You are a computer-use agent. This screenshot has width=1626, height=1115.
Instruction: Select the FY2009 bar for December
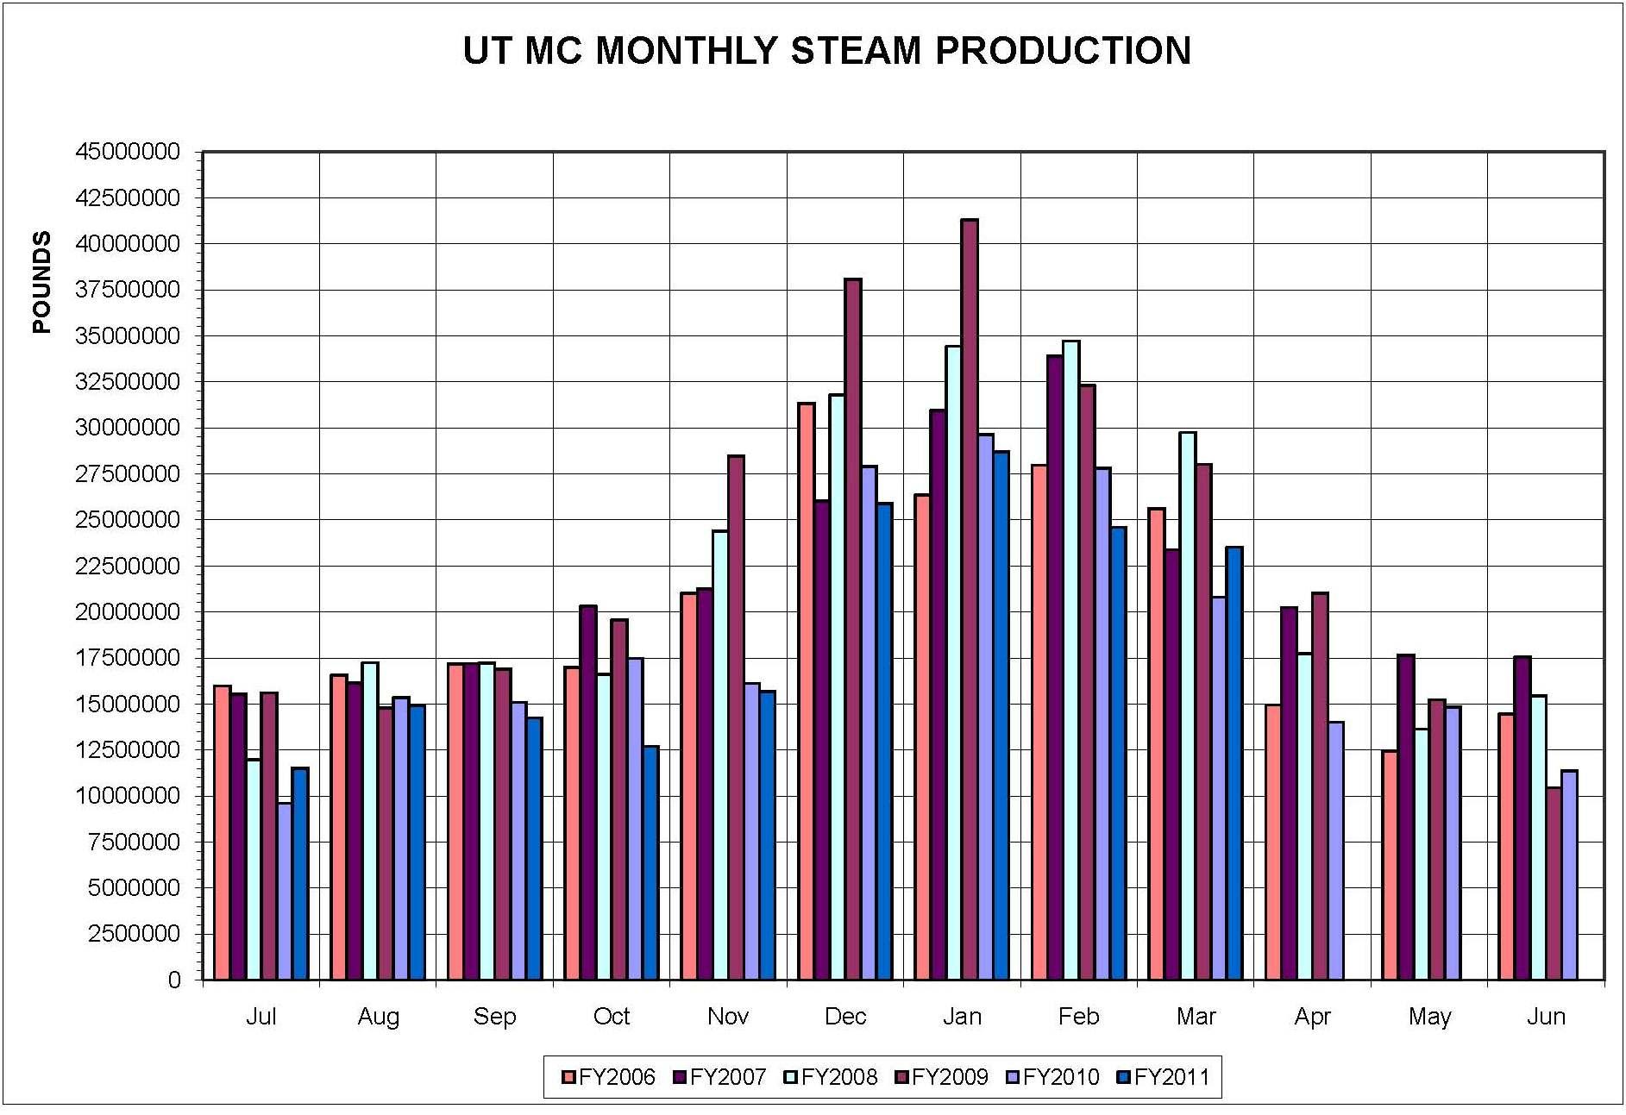point(852,630)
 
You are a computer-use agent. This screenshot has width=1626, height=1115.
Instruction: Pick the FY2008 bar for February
point(1070,660)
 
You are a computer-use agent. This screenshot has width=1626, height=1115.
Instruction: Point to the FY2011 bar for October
point(650,862)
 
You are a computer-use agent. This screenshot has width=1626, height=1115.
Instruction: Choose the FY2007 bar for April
point(1289,793)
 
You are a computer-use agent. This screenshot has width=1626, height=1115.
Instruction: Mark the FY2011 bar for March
point(1234,763)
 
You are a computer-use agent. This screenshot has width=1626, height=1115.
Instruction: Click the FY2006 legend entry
point(608,1077)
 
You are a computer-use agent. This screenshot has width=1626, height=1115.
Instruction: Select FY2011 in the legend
point(1164,1077)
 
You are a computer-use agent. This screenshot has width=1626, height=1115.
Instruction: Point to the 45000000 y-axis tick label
point(128,152)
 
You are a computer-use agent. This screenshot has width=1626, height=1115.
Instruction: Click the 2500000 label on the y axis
point(134,934)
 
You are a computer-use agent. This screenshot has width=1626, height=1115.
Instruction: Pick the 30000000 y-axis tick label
point(128,428)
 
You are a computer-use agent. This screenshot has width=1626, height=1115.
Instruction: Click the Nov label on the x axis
point(727,1017)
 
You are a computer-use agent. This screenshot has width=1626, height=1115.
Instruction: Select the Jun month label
point(1545,1017)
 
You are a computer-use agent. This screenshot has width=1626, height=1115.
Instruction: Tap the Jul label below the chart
point(261,1017)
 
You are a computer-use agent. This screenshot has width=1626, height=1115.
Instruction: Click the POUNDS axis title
point(41,282)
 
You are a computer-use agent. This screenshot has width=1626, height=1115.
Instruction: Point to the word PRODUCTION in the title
point(1063,51)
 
